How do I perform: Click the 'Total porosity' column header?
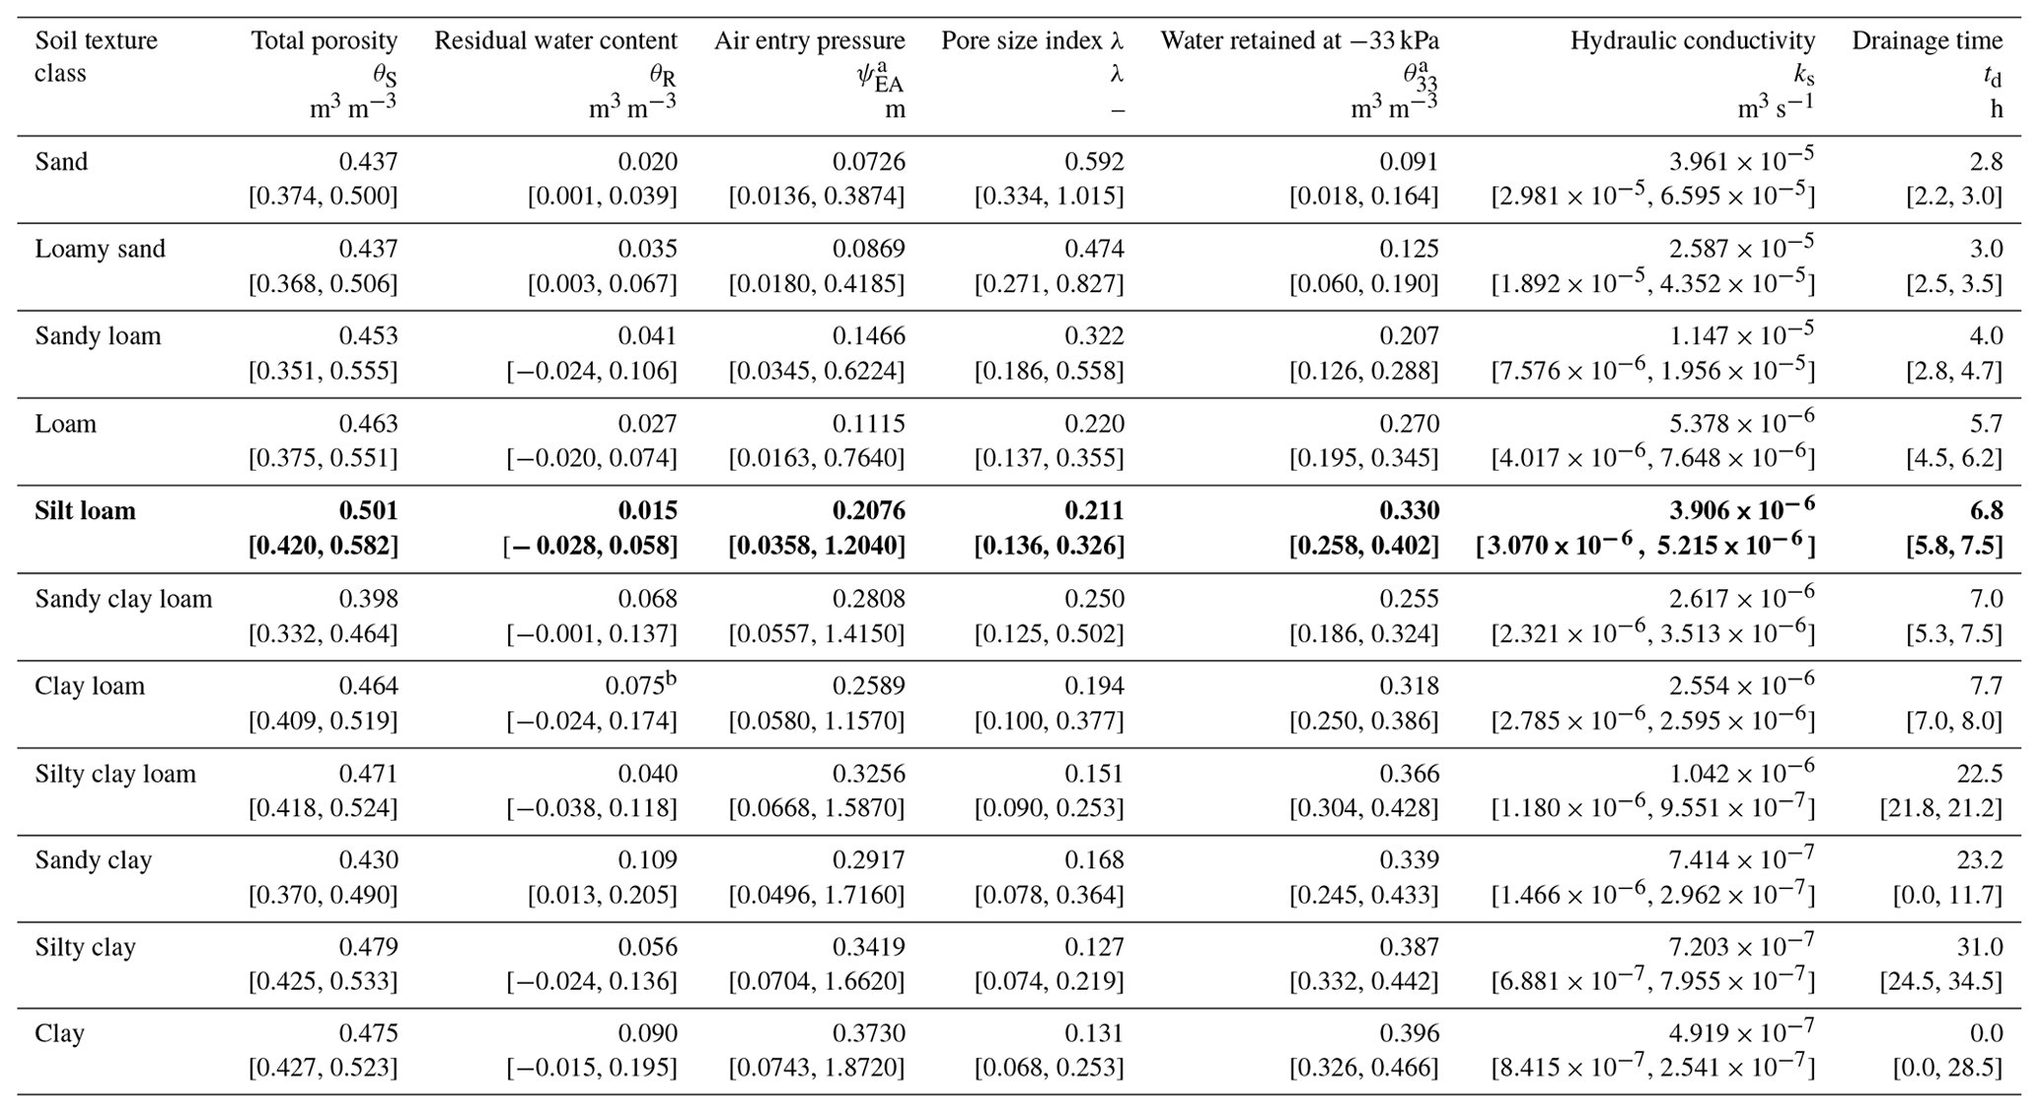[325, 40]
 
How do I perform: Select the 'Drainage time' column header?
[1928, 40]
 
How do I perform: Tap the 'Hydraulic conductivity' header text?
[1693, 40]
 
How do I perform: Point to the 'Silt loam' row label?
[85, 511]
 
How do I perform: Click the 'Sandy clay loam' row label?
[123, 599]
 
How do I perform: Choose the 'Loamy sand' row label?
[100, 249]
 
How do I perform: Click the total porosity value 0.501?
[369, 511]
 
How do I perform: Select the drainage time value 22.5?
[1980, 774]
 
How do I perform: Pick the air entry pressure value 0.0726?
[869, 162]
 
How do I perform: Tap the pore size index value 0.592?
[1094, 162]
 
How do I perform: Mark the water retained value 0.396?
[1410, 1034]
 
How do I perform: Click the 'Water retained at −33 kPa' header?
[1300, 40]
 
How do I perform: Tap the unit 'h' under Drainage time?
[1997, 109]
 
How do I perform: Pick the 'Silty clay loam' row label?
[115, 774]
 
